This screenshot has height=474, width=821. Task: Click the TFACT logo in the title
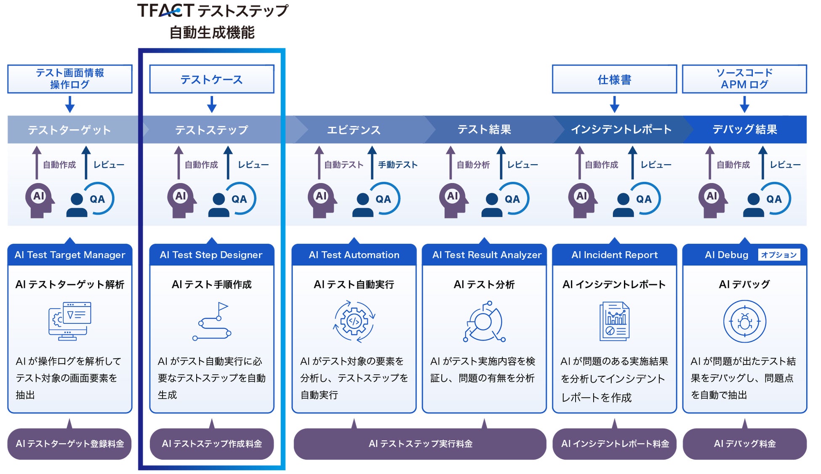(165, 11)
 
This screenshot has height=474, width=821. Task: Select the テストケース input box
(211, 79)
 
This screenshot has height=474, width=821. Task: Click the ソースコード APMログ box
(744, 79)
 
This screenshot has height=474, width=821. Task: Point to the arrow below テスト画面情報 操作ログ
(70, 104)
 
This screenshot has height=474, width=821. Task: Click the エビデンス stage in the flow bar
(354, 130)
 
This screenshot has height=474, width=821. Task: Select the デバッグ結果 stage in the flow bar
(744, 129)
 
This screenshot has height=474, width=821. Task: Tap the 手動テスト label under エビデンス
(397, 165)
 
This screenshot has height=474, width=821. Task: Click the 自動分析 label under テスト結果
(473, 165)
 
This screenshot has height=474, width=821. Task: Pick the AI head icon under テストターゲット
(39, 200)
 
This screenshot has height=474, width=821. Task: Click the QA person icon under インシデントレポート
(624, 204)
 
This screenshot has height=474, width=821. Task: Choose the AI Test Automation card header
(354, 255)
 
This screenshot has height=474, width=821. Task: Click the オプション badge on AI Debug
(778, 255)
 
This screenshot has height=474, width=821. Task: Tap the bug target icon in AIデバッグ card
(744, 322)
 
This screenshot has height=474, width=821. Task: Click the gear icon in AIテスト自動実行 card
(354, 322)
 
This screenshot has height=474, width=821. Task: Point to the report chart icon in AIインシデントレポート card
(614, 322)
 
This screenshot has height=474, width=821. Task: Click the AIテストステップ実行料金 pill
(420, 444)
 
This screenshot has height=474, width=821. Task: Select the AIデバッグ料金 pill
(744, 444)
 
